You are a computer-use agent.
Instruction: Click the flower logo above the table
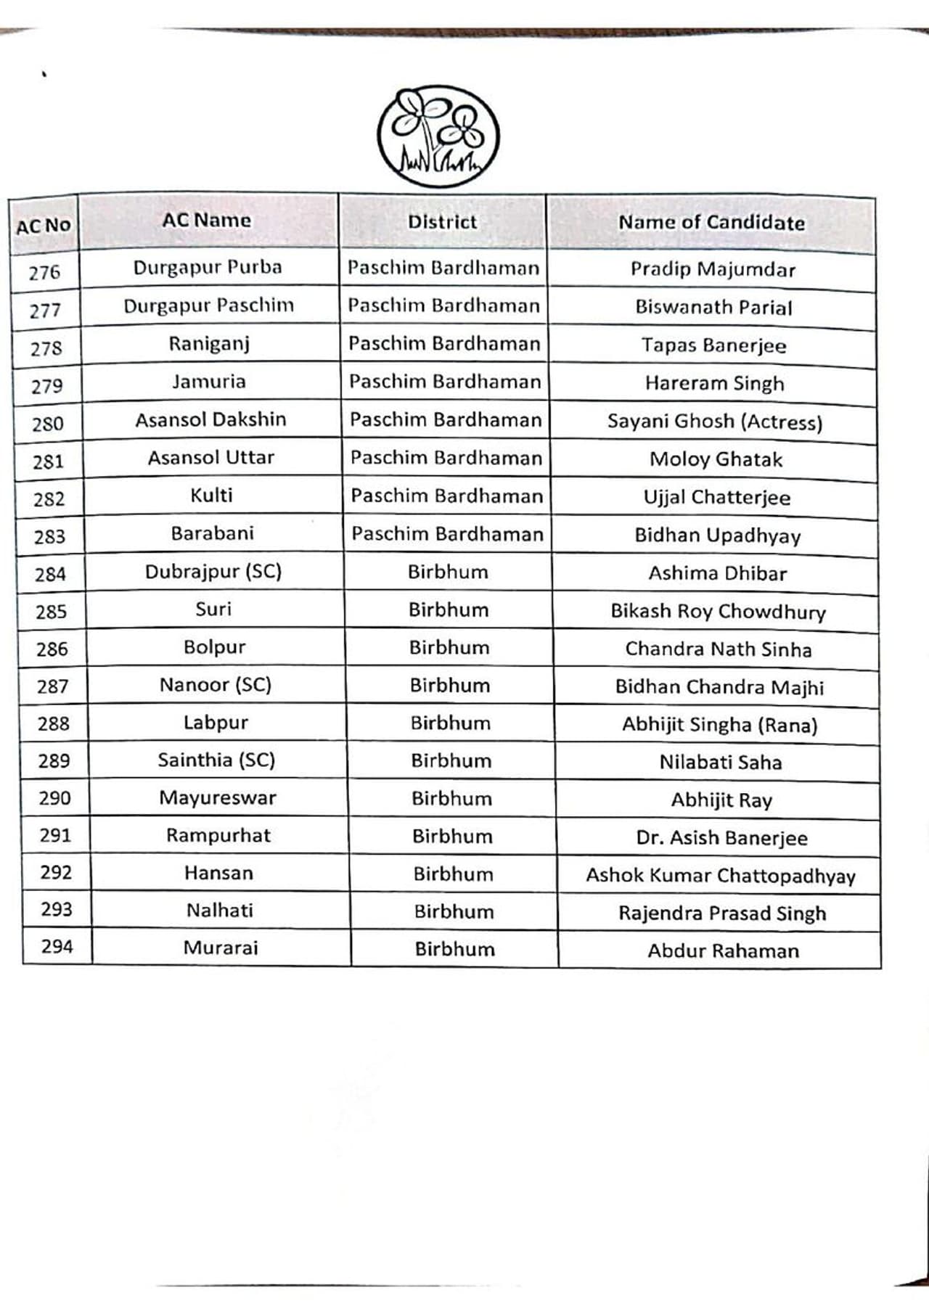[438, 136]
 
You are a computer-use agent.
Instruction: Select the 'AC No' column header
[44, 226]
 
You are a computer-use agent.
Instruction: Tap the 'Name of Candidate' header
[711, 223]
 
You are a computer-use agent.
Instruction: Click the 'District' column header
[442, 222]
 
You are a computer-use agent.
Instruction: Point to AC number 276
[44, 273]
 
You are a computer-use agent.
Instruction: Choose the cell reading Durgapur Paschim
[208, 305]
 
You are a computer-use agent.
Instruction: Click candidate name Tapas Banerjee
[713, 345]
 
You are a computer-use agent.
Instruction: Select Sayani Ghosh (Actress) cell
[715, 422]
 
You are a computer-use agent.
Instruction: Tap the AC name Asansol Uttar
[211, 457]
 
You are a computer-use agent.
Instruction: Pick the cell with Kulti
[211, 496]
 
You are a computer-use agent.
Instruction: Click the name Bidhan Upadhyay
[717, 535]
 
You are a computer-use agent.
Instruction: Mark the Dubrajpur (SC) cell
[213, 572]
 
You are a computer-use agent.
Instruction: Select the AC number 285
[51, 612]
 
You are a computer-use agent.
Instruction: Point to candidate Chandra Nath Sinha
[719, 649]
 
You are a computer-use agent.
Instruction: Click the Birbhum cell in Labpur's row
[450, 723]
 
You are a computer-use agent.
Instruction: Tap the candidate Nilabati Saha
[721, 762]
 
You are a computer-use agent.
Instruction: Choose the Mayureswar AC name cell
[218, 798]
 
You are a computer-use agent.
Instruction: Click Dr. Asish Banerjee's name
[721, 838]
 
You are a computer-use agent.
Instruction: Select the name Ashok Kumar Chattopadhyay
[721, 876]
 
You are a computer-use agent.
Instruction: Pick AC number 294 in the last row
[57, 946]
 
